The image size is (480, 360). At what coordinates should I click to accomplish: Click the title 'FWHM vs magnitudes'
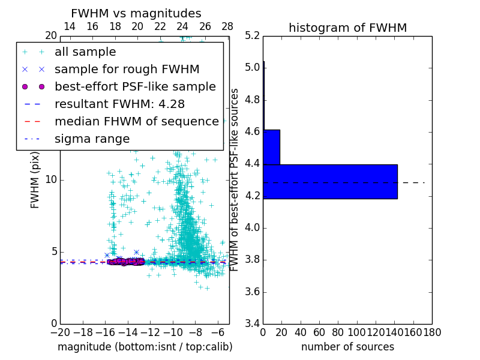click(136, 14)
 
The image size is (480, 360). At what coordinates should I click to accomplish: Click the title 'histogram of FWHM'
click(347, 28)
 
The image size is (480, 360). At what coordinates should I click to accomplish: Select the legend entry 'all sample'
click(85, 52)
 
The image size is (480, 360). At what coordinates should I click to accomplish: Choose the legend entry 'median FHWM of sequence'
click(136, 122)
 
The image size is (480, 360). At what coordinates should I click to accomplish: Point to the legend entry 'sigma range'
click(92, 139)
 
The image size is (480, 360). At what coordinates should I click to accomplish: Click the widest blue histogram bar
click(330, 181)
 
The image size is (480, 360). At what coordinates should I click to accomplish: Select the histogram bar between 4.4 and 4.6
click(271, 147)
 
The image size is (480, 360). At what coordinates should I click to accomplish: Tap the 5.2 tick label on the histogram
click(252, 35)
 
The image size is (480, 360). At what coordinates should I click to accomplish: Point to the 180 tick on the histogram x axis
click(431, 332)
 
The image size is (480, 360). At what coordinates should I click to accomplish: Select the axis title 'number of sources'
click(347, 347)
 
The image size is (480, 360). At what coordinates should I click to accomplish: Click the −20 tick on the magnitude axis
click(60, 332)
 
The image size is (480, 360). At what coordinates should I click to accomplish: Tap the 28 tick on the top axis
click(227, 26)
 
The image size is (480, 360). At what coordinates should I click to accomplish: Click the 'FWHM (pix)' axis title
click(35, 179)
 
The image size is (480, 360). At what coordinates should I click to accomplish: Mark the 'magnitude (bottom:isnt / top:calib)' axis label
click(145, 347)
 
